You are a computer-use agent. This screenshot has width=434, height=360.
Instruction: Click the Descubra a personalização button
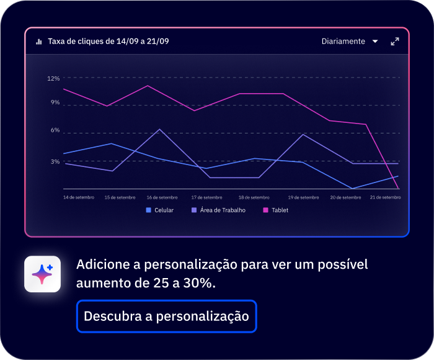click(x=166, y=316)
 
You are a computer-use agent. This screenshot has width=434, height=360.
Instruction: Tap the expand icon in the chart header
click(x=394, y=42)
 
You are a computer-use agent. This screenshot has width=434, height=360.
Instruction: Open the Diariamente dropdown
click(x=349, y=42)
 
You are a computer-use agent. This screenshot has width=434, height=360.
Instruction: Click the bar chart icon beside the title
click(x=39, y=42)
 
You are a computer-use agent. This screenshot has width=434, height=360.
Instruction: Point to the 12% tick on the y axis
click(x=53, y=78)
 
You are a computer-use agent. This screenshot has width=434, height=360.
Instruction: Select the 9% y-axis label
click(x=55, y=102)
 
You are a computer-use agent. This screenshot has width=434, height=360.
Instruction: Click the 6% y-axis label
click(x=55, y=130)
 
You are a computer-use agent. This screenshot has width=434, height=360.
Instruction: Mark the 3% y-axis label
click(x=55, y=161)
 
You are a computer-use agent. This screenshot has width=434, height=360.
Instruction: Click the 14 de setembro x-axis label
click(x=79, y=197)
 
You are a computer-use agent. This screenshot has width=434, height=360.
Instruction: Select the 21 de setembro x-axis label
click(x=385, y=197)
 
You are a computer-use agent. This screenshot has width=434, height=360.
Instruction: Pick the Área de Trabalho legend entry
click(x=218, y=210)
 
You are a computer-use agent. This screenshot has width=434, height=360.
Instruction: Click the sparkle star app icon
click(x=42, y=274)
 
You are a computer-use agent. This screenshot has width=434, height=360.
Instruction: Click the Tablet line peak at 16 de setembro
click(x=147, y=86)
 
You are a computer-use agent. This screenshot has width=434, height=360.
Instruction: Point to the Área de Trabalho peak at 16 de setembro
click(x=160, y=129)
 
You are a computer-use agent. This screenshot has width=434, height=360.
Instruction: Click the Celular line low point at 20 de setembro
click(x=352, y=188)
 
